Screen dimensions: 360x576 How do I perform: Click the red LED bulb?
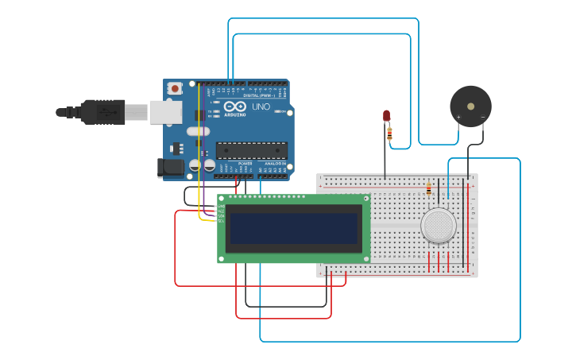click(x=387, y=116)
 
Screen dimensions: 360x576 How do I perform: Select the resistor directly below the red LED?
click(x=389, y=134)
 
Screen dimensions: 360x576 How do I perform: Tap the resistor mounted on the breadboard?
click(x=429, y=189)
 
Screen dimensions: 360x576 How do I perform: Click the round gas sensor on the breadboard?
click(x=439, y=225)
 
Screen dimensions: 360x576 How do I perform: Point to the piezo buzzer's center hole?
click(x=470, y=106)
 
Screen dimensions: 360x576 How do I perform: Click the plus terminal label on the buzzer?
click(x=458, y=118)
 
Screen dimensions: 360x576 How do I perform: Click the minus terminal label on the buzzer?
click(x=482, y=118)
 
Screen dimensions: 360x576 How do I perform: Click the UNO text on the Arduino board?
click(x=261, y=106)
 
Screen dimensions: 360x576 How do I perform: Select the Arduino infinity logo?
click(x=235, y=106)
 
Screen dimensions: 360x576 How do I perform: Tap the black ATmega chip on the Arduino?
click(x=251, y=150)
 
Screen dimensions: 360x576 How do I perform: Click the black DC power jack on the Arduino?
click(x=170, y=167)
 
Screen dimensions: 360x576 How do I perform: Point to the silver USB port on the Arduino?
click(x=165, y=112)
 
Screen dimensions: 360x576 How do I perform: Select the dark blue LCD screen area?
click(x=293, y=228)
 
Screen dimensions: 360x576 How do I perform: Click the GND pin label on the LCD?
click(x=221, y=205)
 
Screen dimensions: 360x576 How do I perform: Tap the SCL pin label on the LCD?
click(x=221, y=219)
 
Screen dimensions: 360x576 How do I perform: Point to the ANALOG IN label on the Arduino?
click(x=275, y=163)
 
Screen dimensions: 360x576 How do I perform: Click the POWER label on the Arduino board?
click(x=245, y=163)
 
